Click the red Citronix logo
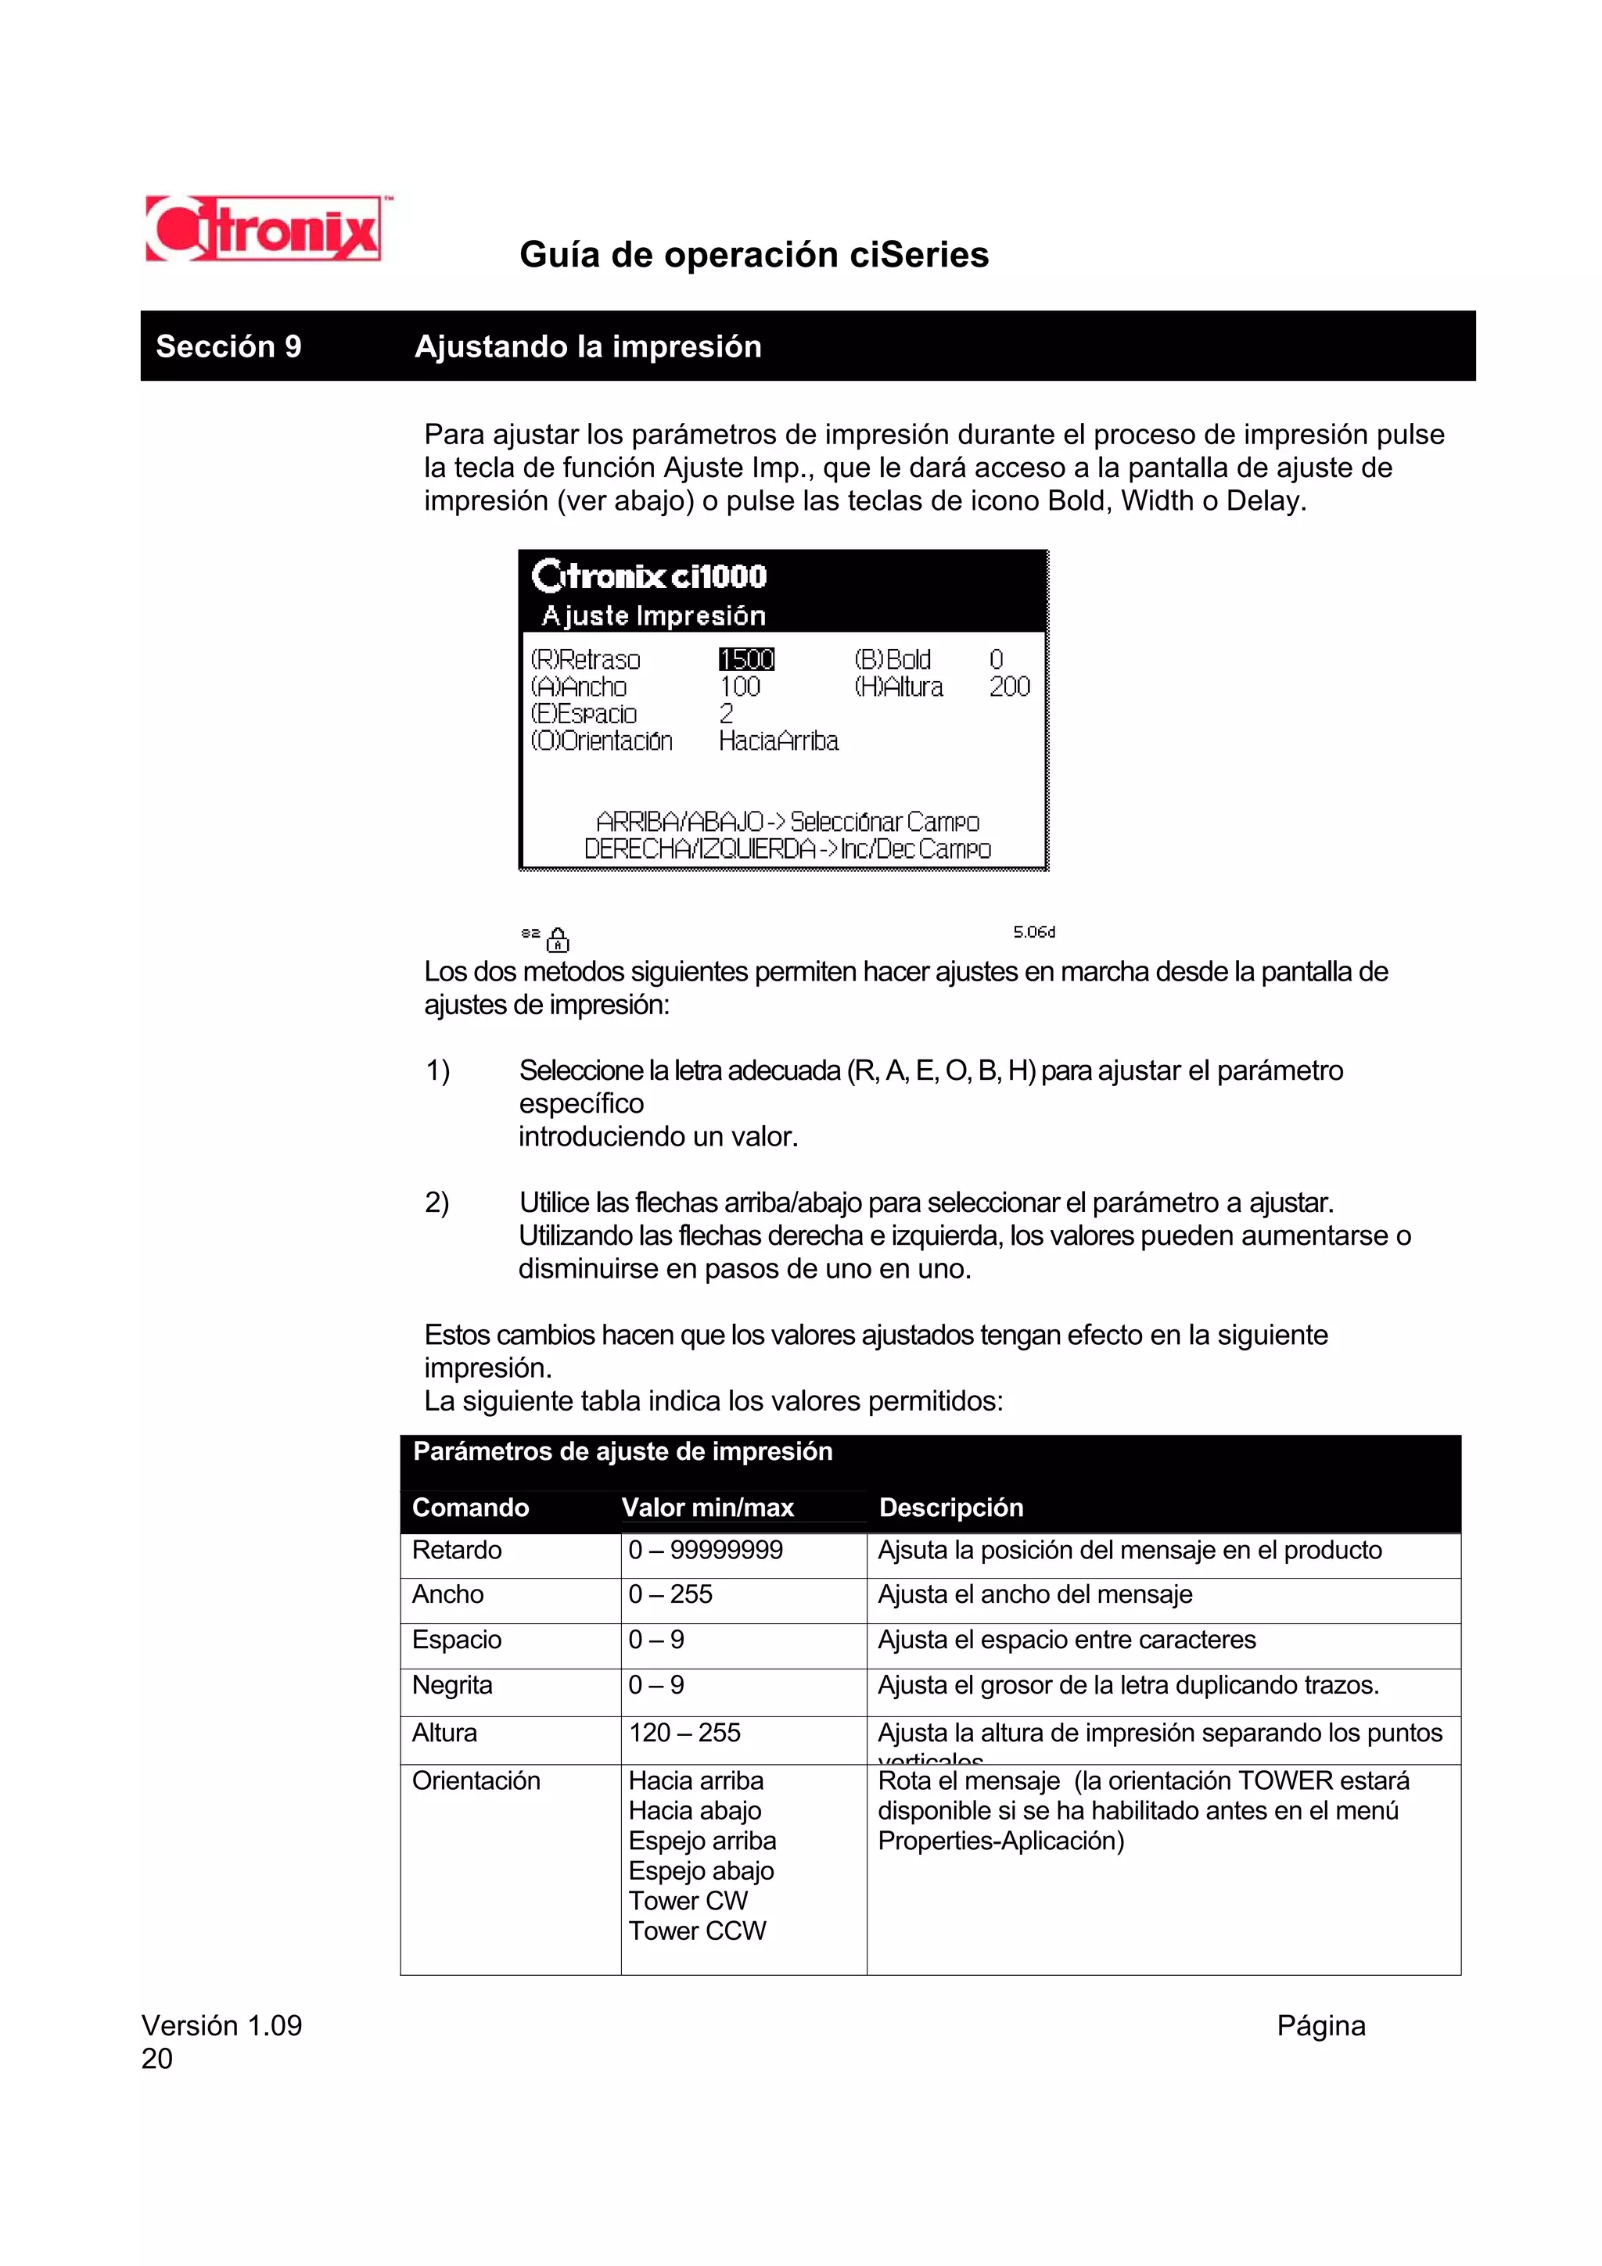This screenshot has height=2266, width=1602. pos(264,229)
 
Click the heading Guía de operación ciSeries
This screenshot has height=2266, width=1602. pos(753,255)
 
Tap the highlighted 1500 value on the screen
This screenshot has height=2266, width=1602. pos(746,659)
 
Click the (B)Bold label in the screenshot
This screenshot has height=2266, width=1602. pos(893,659)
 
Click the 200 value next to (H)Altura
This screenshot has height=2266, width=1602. pos(1009,687)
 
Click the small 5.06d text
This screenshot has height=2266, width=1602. pos(1033,932)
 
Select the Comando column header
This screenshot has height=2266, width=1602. pos(470,1507)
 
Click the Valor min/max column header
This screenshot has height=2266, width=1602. pos(708,1507)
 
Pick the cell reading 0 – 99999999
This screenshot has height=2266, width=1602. pos(706,1551)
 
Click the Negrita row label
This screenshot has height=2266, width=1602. pos(452,1685)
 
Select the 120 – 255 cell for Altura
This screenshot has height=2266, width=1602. pos(685,1732)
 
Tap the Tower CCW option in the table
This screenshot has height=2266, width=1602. pos(697,1931)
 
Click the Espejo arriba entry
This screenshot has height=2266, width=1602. pos(702,1841)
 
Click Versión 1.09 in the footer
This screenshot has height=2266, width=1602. pos(222,2026)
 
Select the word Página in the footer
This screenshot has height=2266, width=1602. pos(1320,2026)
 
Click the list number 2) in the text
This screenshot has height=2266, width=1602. pos(437,1203)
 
